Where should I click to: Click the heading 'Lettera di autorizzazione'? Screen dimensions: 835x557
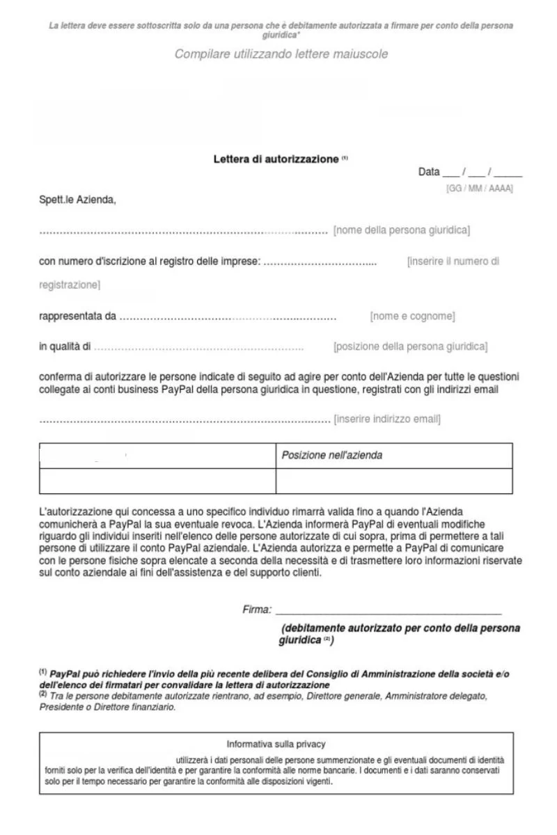click(276, 159)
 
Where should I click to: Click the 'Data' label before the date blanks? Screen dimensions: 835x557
click(429, 172)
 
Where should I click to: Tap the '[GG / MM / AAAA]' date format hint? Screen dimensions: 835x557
click(479, 189)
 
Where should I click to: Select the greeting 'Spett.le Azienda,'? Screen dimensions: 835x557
click(77, 201)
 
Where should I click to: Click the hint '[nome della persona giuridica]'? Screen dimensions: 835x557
click(402, 230)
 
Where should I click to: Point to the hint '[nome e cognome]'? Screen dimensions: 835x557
click(412, 317)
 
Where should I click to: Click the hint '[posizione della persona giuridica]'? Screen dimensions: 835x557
click(410, 347)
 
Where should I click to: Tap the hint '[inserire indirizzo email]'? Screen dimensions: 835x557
click(387, 419)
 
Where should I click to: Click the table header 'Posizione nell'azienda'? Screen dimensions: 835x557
click(331, 456)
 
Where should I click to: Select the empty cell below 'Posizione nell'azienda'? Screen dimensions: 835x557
click(394, 481)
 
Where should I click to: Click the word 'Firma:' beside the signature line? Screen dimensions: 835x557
click(257, 610)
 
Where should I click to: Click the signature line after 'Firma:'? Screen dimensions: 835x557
click(389, 612)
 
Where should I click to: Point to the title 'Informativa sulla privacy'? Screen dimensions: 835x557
click(276, 744)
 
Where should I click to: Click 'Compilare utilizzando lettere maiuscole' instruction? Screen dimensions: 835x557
click(281, 54)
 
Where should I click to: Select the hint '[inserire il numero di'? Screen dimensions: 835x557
click(453, 262)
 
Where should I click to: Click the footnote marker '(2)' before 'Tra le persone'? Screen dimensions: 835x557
click(43, 694)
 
